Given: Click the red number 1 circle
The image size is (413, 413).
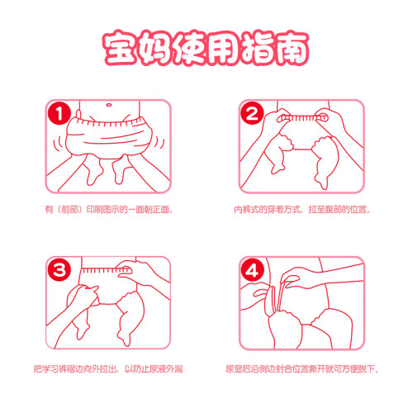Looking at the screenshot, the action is pos(59,113).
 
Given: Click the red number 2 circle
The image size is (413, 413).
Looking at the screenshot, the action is pos(252,113).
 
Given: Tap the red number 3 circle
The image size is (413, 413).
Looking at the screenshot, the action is pos(59,270).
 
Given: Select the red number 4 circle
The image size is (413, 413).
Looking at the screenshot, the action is pos(252,270).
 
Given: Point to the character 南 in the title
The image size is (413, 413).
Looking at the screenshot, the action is pos(292,49).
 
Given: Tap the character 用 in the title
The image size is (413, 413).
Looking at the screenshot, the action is pos(224,49).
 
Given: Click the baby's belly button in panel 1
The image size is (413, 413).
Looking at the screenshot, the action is pos(109,105).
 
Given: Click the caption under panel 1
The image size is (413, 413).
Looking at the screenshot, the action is pos(109,210).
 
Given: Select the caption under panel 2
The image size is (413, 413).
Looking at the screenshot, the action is pos(302,210).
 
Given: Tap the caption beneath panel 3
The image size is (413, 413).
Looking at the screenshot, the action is pos(108,368).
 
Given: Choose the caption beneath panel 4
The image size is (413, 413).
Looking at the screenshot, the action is pos(302,368).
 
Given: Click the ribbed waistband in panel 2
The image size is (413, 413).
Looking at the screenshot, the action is pos(302,118).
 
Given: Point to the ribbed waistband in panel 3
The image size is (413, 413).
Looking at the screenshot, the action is pos(107,270).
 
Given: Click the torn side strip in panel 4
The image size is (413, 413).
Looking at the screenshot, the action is pos(282,295).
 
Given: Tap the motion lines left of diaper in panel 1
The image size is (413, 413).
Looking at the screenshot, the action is pos(59,145).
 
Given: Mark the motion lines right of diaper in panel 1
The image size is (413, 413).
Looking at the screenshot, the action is pos(159,143).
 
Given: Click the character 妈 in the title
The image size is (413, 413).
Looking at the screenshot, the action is pos(154,49).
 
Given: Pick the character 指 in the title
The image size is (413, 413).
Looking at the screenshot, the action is pos(258,49).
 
